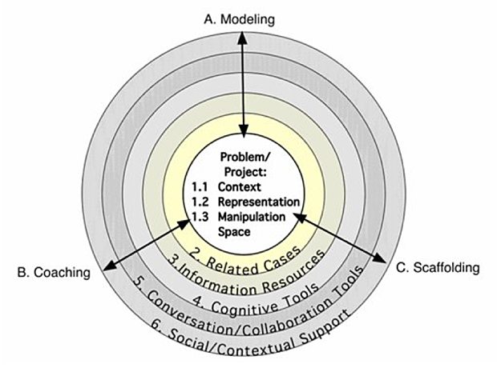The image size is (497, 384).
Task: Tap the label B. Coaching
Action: [51, 273]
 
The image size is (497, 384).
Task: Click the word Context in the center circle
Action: [238, 186]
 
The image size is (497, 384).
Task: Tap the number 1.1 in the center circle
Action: [200, 186]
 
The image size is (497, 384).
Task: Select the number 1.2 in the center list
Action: [200, 202]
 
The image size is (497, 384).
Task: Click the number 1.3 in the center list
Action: [200, 217]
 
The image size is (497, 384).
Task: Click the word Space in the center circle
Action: [235, 231]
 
